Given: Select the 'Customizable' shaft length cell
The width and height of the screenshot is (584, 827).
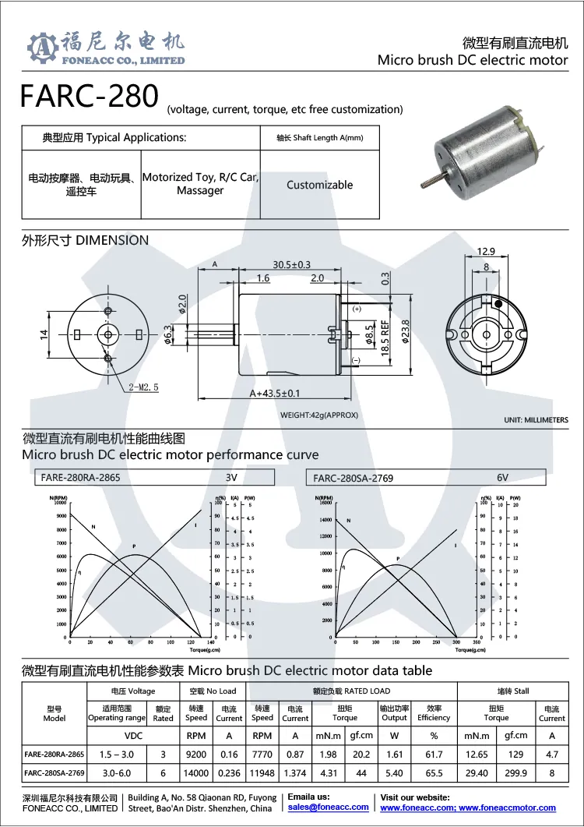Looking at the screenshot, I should click(x=319, y=185).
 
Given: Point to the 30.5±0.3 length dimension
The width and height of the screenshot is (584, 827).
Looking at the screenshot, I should click(x=291, y=265).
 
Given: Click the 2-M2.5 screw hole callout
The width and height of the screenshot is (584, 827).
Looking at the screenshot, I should click(x=142, y=387).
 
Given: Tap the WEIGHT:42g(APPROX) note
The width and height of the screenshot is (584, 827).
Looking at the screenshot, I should click(x=319, y=415).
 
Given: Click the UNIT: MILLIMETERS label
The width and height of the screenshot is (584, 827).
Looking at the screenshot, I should click(x=536, y=420).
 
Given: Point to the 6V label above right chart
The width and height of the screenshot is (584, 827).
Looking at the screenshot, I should click(x=502, y=477).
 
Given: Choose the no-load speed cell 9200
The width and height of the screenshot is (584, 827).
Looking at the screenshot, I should click(x=196, y=754).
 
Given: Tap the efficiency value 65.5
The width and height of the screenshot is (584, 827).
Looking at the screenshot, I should click(x=434, y=773).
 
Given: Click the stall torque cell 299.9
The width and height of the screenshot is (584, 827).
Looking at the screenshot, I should click(x=515, y=773).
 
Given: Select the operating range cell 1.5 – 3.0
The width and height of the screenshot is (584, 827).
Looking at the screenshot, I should click(x=117, y=754).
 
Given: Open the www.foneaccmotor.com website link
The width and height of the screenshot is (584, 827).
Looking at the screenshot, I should click(x=508, y=808).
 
